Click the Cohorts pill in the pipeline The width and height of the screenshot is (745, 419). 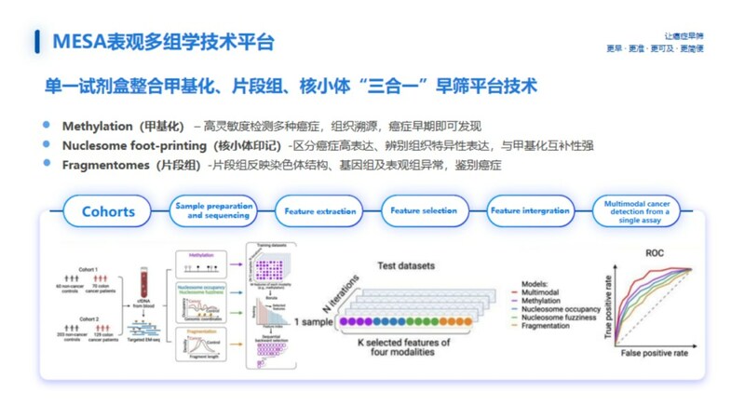pyautogui.click(x=108, y=211)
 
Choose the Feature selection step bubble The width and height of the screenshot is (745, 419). pyautogui.click(x=426, y=211)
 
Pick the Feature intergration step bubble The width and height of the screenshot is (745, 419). pyautogui.click(x=530, y=211)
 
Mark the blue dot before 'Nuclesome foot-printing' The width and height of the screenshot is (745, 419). pyautogui.click(x=47, y=145)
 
